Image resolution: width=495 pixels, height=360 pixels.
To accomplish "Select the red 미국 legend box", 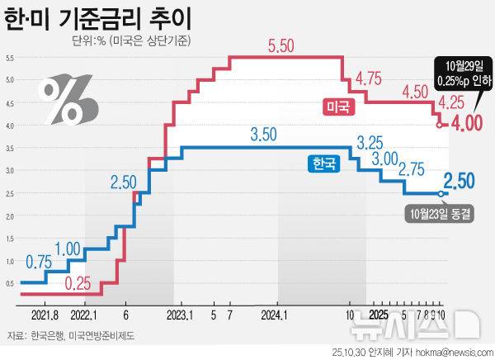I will tap(336, 106).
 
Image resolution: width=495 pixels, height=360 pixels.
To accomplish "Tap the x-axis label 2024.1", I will tap(272, 315).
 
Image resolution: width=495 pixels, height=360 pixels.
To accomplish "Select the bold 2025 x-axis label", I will tap(378, 315).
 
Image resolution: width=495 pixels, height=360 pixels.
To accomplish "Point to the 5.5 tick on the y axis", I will tap(9, 57).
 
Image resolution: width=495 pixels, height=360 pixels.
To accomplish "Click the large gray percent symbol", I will tap(69, 97).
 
